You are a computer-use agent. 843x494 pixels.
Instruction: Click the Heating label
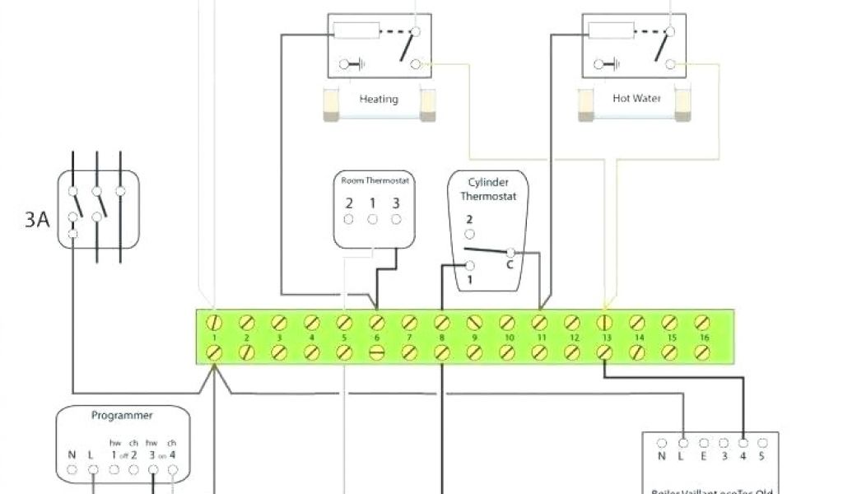[379, 99]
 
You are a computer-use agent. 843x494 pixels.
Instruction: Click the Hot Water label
[632, 98]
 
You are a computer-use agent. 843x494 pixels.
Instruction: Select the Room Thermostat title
[373, 179]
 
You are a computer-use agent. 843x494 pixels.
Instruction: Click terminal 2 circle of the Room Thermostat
[349, 219]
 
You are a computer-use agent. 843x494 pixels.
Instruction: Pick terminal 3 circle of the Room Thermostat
[396, 219]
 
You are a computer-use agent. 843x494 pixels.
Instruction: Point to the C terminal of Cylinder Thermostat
[510, 252]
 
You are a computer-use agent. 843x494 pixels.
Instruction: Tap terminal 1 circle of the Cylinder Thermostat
[470, 265]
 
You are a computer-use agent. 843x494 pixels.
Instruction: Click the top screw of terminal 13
[604, 321]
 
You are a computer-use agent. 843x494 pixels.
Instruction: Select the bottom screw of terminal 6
[377, 352]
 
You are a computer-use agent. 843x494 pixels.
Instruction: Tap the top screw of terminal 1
[214, 321]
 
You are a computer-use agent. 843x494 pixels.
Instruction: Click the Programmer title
[122, 416]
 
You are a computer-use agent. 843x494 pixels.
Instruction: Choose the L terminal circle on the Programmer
[94, 470]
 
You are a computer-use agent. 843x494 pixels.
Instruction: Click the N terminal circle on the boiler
[662, 443]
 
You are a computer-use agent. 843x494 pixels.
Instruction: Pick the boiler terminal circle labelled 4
[743, 443]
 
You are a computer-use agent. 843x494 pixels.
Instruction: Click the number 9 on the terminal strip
[474, 338]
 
